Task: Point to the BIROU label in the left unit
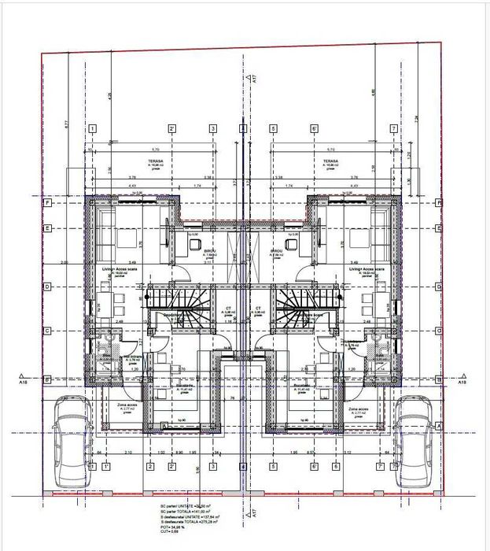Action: click(210, 250)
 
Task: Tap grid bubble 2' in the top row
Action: click(171, 129)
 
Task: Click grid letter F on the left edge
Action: click(49, 202)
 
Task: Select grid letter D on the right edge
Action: click(439, 287)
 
